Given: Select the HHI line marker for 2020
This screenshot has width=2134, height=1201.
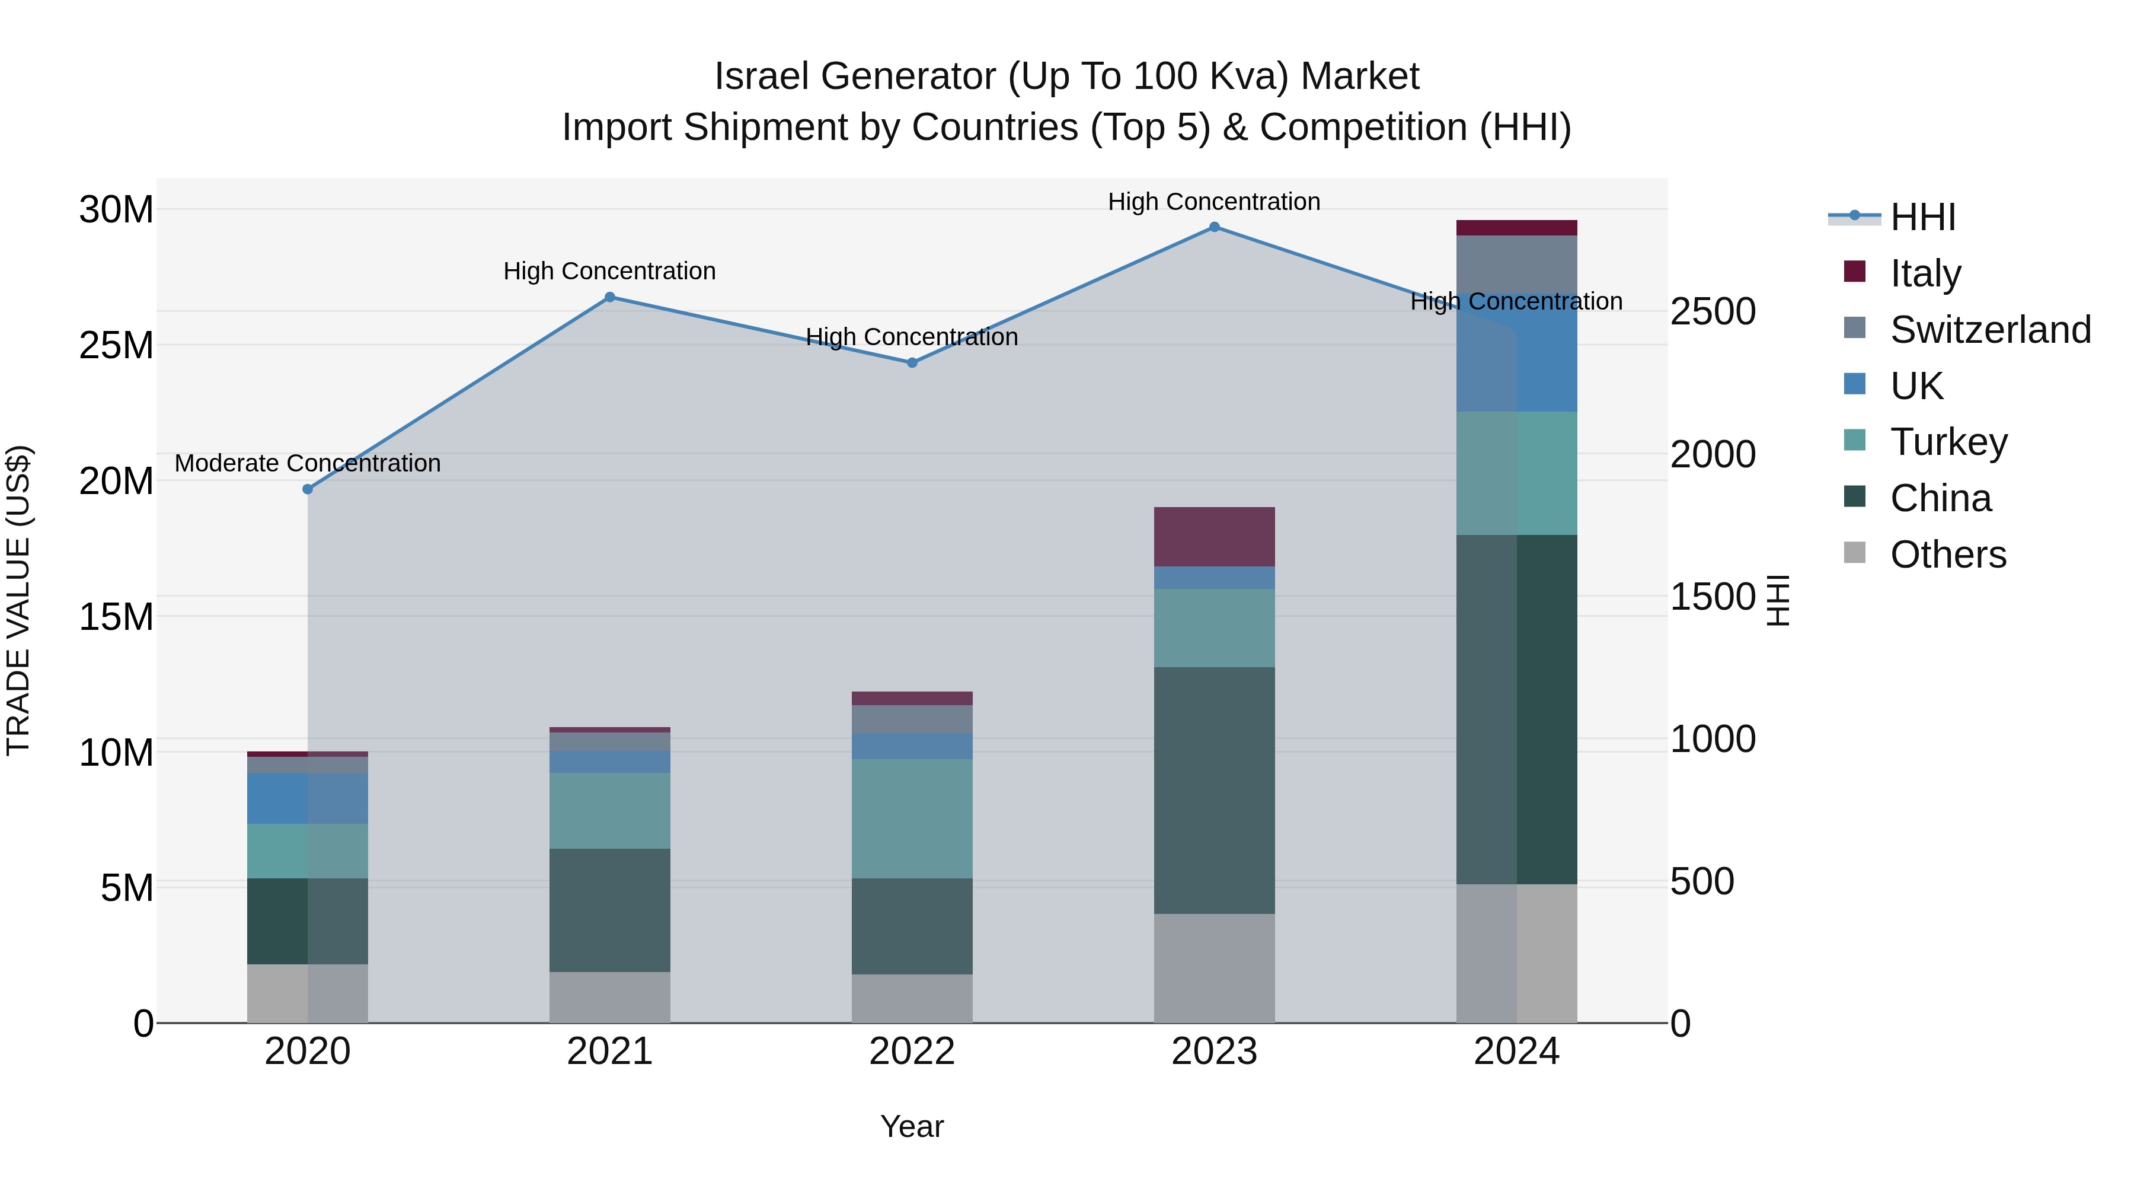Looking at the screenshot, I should [x=307, y=489].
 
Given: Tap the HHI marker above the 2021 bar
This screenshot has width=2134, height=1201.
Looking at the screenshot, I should [x=610, y=297].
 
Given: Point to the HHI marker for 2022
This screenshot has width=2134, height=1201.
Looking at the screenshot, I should [x=912, y=362].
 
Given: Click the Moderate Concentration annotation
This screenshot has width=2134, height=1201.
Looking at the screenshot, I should [x=307, y=463].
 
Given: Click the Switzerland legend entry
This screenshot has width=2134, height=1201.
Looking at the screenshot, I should [x=1990, y=330].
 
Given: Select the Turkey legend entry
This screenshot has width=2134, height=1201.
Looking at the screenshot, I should [x=1948, y=442].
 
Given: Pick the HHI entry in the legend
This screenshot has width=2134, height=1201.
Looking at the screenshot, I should [x=1922, y=217].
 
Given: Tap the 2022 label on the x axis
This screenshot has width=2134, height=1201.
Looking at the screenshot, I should [x=912, y=1052].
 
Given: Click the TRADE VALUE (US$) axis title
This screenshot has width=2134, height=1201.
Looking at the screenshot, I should [x=18, y=600].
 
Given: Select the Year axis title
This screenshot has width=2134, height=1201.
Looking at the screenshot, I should [x=912, y=1126].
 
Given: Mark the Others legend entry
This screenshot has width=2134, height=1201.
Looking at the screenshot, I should [x=1948, y=555].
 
